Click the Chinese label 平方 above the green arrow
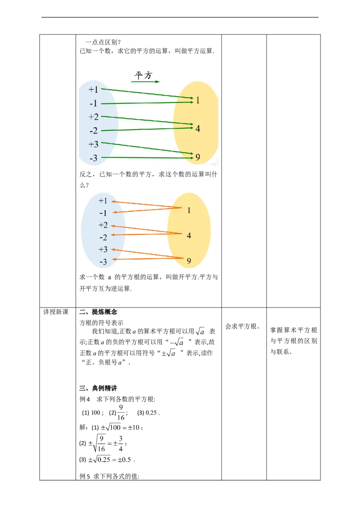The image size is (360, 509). [144, 75]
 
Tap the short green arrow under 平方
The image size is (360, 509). [145, 82]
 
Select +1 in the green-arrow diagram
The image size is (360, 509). [93, 89]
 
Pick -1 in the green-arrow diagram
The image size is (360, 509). [93, 103]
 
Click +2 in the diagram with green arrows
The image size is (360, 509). [93, 117]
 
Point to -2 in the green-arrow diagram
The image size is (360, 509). [93, 131]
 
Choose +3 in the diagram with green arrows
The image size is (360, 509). [93, 144]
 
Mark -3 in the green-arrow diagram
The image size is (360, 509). [93, 158]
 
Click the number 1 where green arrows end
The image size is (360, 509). [198, 100]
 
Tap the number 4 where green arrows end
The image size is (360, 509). [198, 129]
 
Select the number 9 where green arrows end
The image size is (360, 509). [198, 157]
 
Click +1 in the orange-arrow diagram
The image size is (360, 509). [103, 201]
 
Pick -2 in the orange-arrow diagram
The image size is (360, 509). [103, 237]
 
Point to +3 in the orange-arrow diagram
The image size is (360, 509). [103, 250]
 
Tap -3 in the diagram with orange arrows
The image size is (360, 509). [103, 262]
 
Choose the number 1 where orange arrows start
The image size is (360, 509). [189, 210]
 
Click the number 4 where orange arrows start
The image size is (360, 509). [189, 235]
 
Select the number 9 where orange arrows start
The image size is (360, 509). [189, 260]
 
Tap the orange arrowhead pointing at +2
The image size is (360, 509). [112, 225]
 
